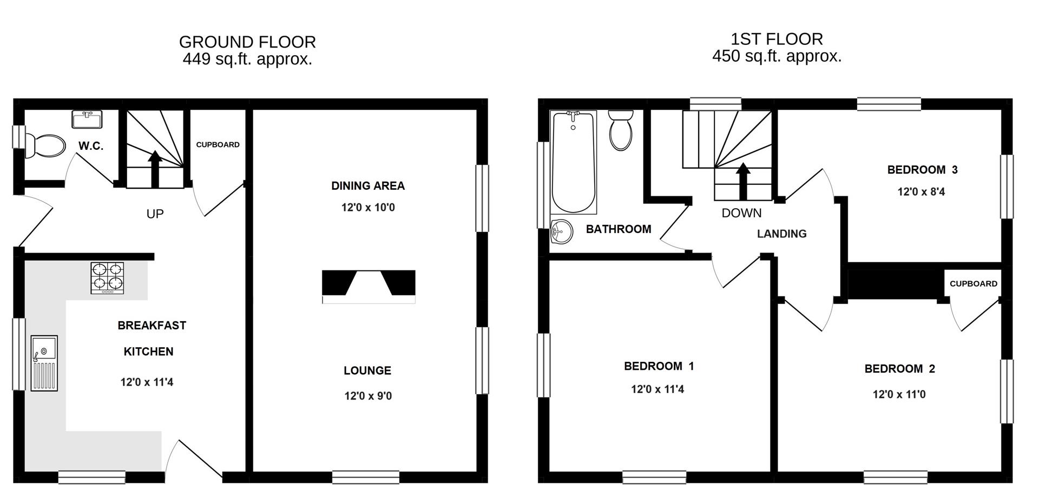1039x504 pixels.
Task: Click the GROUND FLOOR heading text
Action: click(x=247, y=42)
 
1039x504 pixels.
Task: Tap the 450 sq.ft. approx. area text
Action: click(x=777, y=56)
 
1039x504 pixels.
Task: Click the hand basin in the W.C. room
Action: click(x=87, y=120)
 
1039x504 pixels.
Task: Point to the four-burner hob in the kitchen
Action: click(x=107, y=278)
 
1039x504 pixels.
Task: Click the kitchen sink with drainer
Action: click(x=44, y=363)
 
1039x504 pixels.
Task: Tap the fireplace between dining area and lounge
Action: click(x=369, y=286)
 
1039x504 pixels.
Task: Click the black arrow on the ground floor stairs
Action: click(x=155, y=168)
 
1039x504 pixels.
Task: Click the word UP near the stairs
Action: click(x=155, y=214)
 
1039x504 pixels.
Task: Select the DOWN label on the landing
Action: click(x=741, y=213)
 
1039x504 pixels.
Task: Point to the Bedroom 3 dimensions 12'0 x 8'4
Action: click(x=921, y=191)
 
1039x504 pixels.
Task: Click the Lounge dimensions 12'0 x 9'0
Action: click(x=368, y=396)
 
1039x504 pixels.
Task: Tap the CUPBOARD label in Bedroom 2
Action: click(x=973, y=283)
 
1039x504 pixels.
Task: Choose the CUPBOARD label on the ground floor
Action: click(x=218, y=144)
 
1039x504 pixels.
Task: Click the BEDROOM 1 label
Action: click(x=659, y=366)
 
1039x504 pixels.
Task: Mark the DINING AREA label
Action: click(x=368, y=186)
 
